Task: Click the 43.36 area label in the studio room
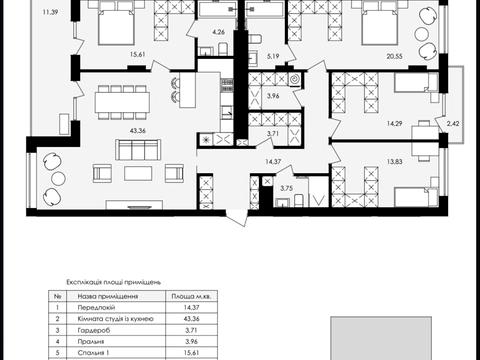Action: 138,131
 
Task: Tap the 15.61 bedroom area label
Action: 137,55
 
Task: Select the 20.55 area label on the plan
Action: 394,57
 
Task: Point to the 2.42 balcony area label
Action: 453,124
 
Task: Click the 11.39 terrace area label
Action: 51,13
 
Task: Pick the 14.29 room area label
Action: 394,124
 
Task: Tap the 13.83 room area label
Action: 394,162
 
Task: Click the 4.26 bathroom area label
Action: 218,32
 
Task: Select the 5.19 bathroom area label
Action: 273,56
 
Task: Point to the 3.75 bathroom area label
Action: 286,188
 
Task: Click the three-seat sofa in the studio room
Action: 138,150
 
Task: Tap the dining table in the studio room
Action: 122,102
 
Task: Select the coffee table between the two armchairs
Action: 138,174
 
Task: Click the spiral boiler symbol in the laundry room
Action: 295,80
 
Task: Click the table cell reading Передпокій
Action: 96,307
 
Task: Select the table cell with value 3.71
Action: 191,330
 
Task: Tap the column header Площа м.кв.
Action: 192,296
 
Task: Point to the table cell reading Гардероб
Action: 94,330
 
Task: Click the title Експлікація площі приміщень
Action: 114,283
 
